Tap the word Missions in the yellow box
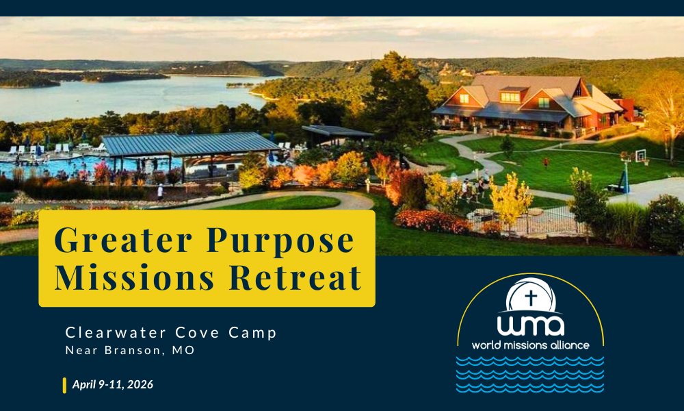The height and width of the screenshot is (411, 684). [134, 277]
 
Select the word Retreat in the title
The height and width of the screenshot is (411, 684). [295, 277]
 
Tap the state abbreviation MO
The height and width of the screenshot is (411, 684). [183, 350]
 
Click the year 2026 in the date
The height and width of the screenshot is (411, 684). [140, 384]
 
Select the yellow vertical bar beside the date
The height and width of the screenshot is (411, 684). [64, 385]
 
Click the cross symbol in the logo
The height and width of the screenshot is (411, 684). [531, 298]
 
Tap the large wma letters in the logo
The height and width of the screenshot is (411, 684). [531, 326]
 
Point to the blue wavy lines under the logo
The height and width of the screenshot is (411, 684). [530, 374]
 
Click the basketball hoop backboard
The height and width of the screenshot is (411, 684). [640, 155]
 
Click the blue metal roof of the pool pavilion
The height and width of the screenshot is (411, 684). [189, 144]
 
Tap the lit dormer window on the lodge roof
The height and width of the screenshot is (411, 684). [510, 97]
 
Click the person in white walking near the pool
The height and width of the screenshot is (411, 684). [161, 191]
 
